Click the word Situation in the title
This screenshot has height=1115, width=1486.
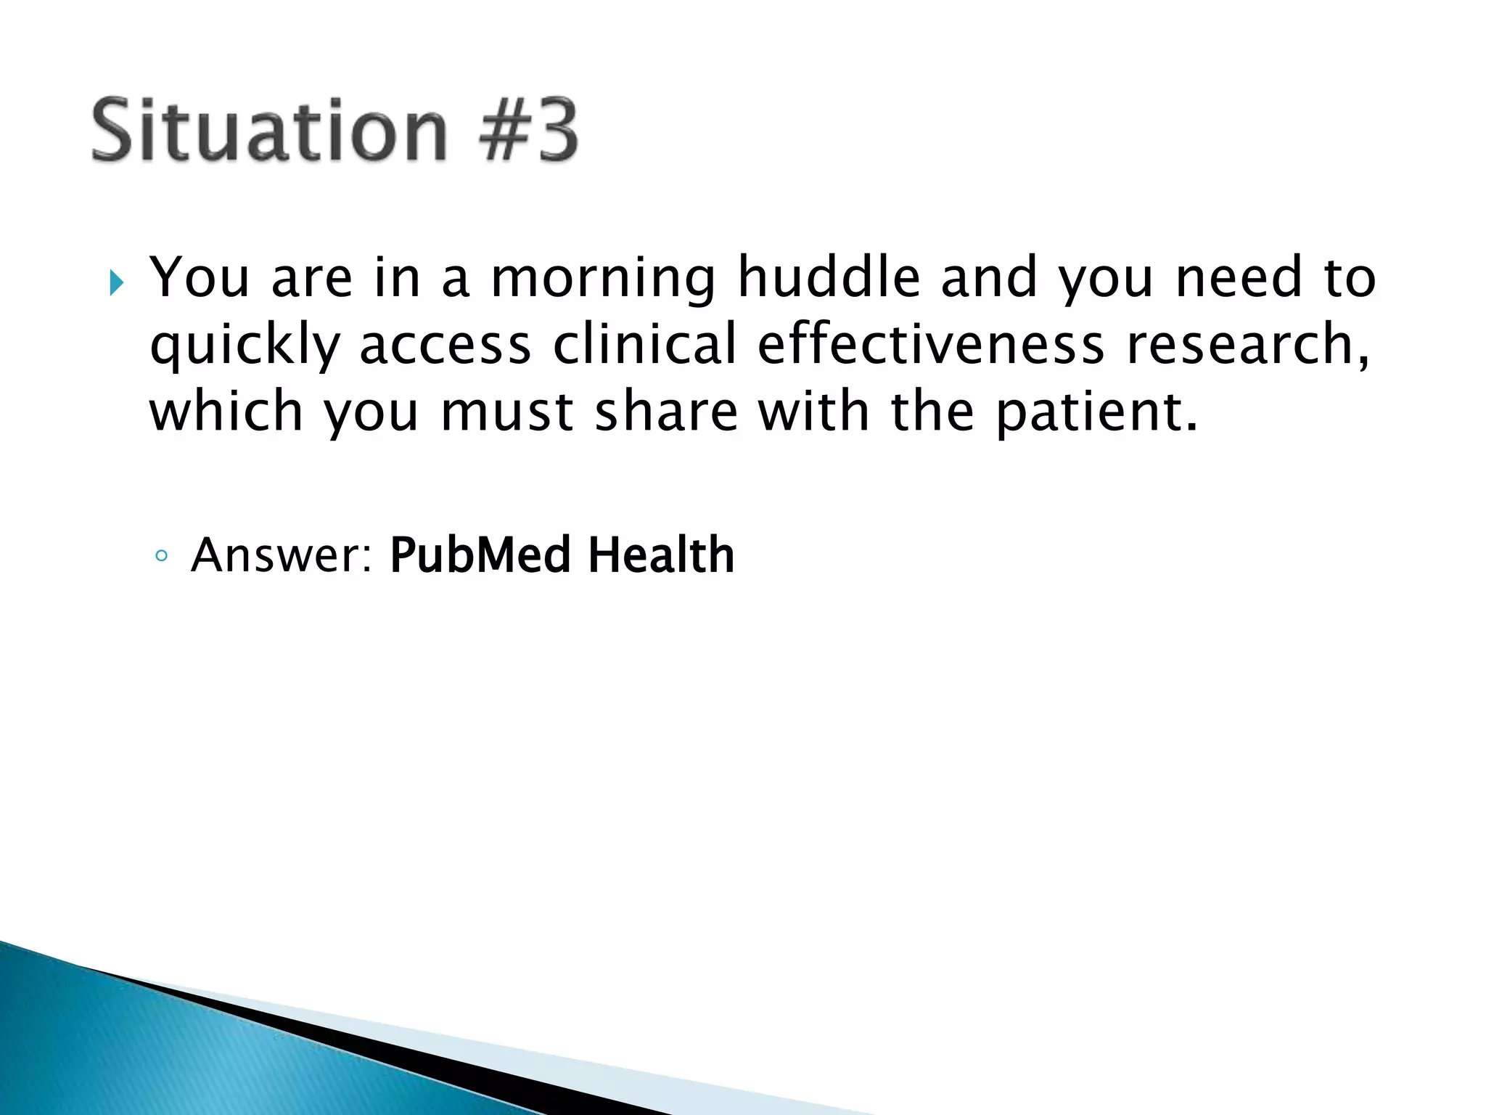pos(269,131)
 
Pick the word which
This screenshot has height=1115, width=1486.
pos(226,411)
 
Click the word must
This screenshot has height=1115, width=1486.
pos(507,412)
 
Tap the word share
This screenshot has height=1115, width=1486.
pos(666,411)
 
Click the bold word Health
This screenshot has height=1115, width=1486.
pos(661,555)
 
